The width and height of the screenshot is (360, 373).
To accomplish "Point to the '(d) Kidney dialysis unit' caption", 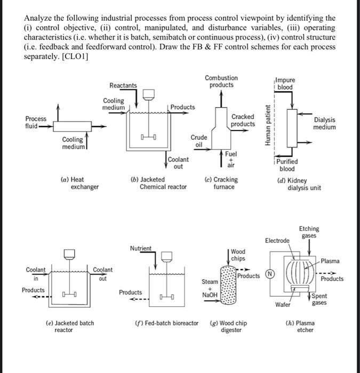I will click(299, 184).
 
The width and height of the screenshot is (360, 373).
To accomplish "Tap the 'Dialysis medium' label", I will click(325, 124).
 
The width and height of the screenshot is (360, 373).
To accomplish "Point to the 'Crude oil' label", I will click(198, 141).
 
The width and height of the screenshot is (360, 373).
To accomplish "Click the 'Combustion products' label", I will click(221, 82).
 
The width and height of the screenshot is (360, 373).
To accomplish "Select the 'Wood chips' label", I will click(238, 255).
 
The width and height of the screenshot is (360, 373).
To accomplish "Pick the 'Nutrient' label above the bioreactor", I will click(141, 248).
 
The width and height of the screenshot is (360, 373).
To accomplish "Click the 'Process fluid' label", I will click(36, 123).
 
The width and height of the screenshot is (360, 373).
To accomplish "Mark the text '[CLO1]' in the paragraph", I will click(75, 56).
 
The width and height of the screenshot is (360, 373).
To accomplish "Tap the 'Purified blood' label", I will click(287, 165).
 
